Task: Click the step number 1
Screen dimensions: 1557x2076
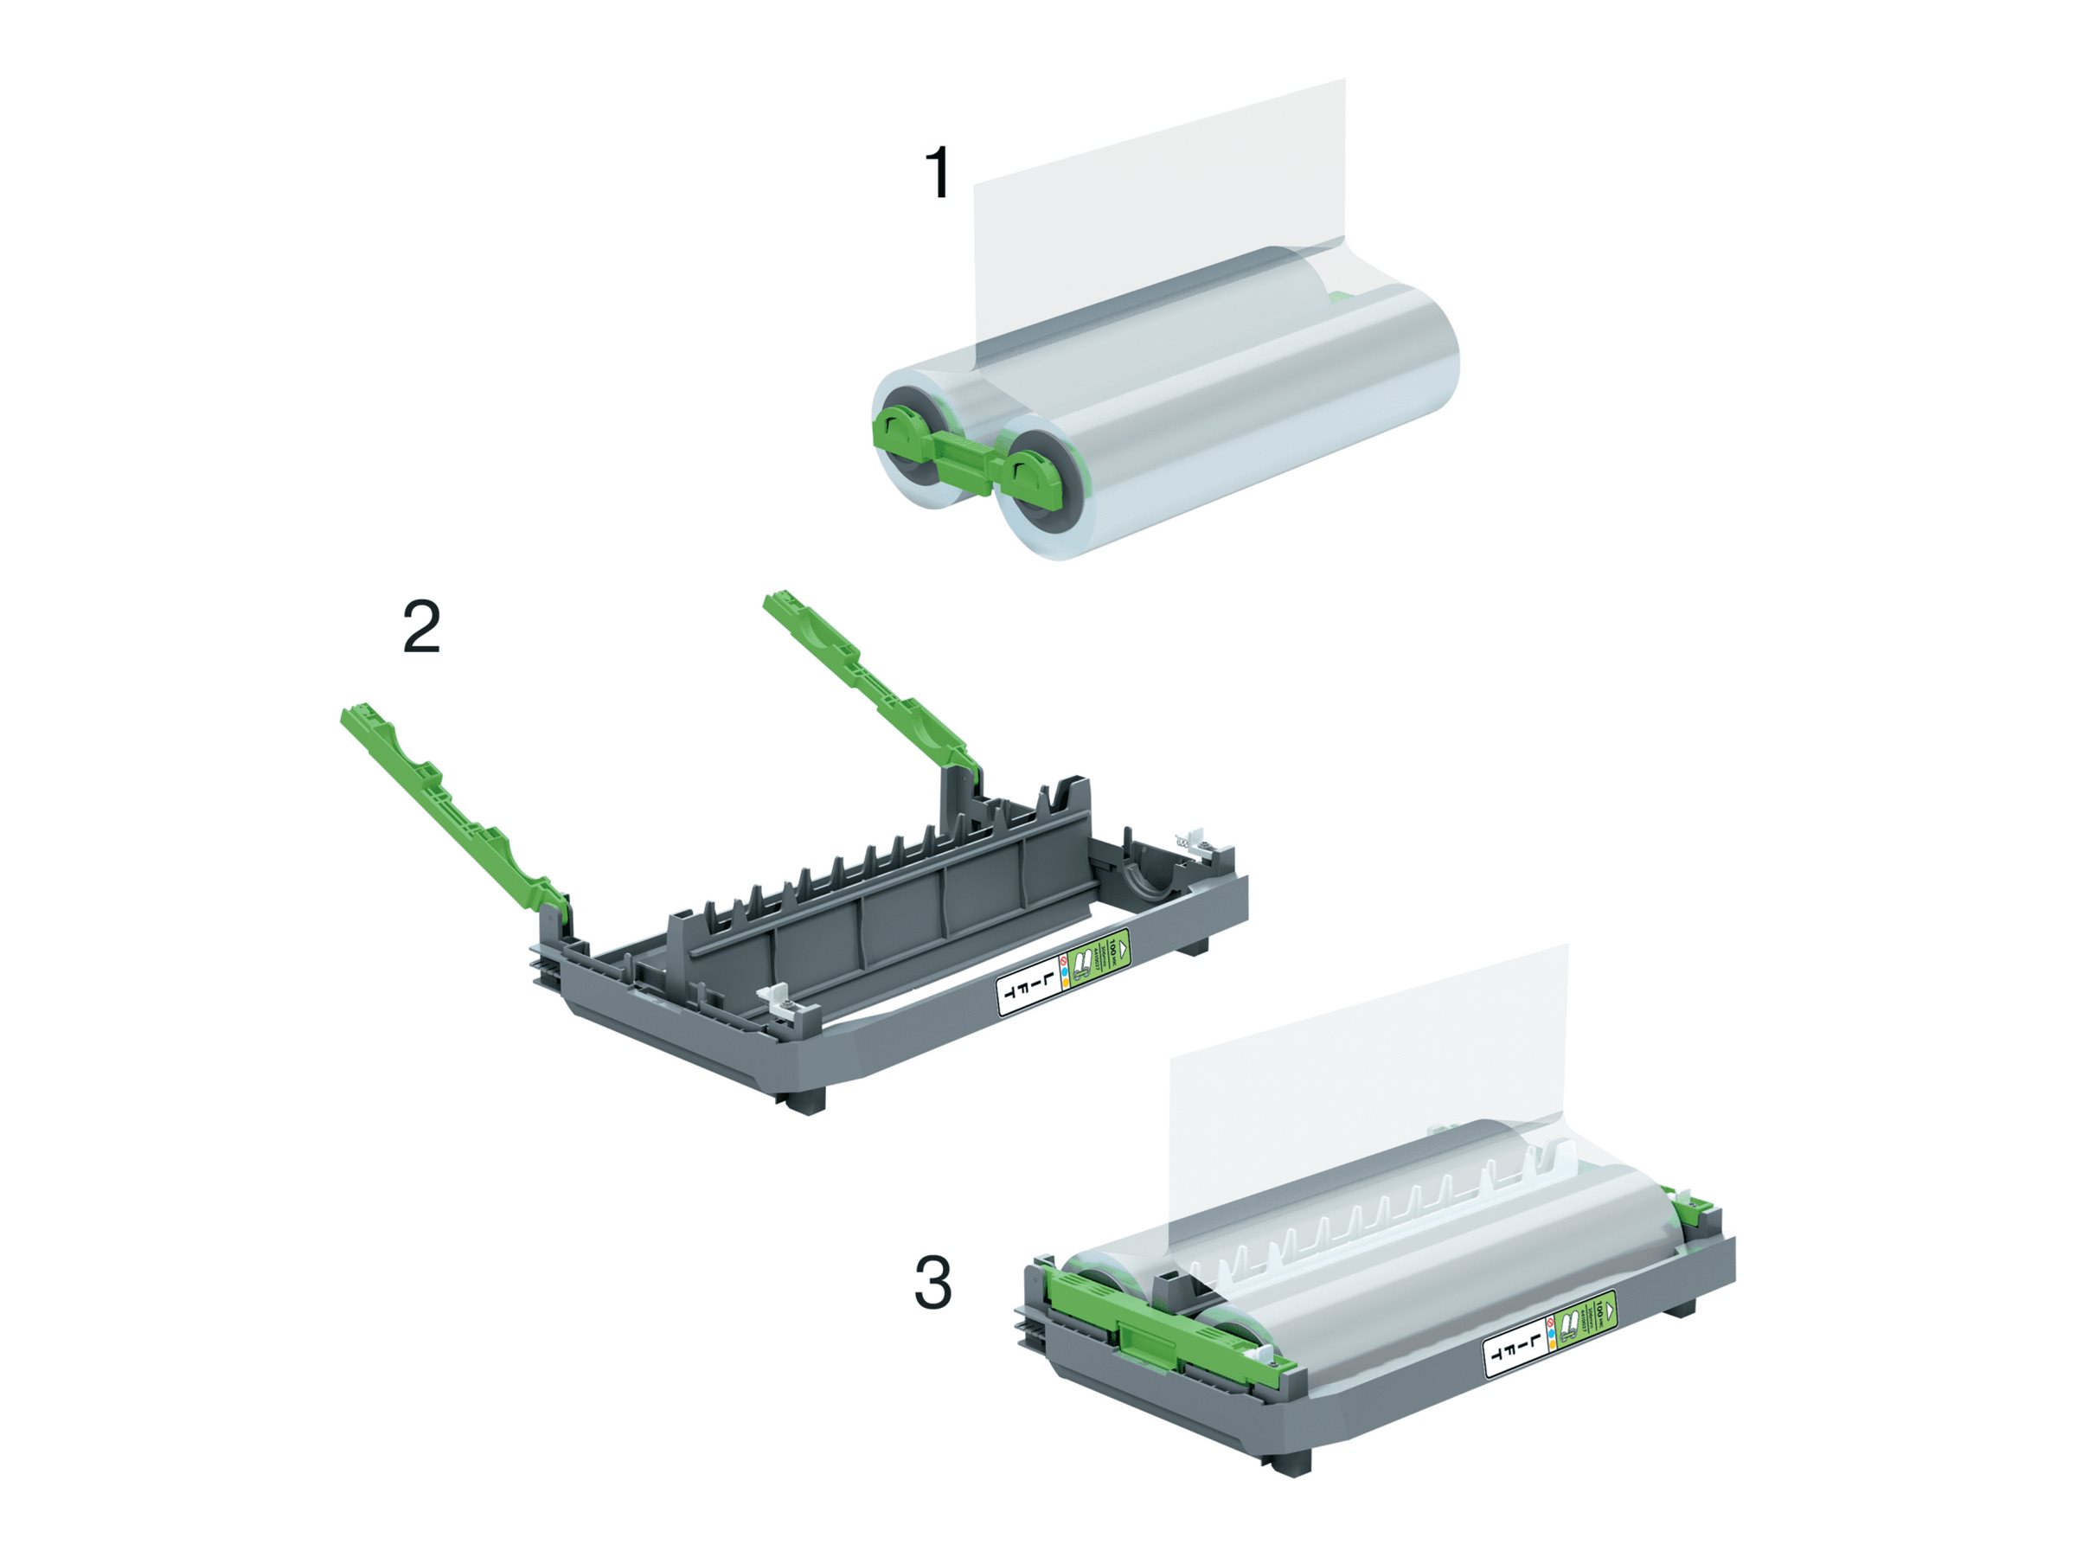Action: [x=938, y=173]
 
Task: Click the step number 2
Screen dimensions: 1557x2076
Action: [x=421, y=628]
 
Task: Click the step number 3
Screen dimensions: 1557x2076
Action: [x=932, y=1283]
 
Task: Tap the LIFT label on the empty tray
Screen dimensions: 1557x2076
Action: [x=1025, y=991]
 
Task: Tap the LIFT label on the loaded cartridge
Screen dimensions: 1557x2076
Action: [x=1513, y=1351]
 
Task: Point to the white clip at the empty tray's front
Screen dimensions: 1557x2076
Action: [x=786, y=1002]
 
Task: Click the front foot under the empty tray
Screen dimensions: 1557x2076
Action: [x=802, y=1100]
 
